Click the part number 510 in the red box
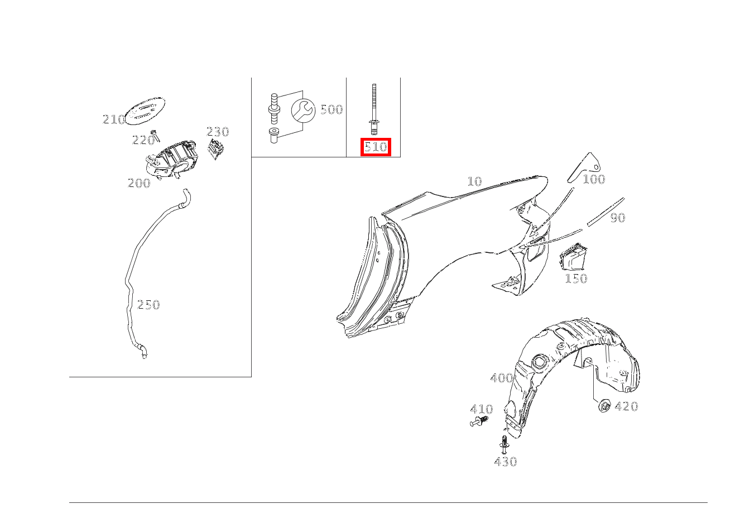[x=376, y=147]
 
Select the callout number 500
[x=331, y=109]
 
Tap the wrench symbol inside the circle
[x=303, y=111]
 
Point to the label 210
[x=114, y=119]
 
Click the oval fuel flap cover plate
[x=145, y=111]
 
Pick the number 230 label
[x=218, y=132]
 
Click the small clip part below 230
[x=216, y=148]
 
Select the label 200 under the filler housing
[x=139, y=183]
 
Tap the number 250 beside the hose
[x=148, y=305]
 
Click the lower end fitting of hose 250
[x=142, y=352]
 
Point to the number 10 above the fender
[x=474, y=181]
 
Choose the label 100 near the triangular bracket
[x=594, y=179]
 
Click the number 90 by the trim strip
[x=617, y=218]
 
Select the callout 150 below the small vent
[x=576, y=278]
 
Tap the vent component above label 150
[x=573, y=256]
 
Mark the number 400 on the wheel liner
[x=502, y=378]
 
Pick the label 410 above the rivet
[x=482, y=409]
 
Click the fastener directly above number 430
[x=504, y=444]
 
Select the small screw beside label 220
[x=155, y=136]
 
